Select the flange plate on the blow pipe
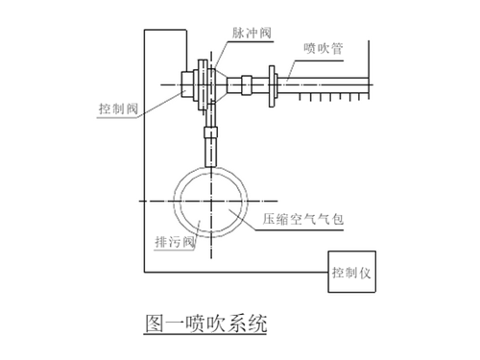276,83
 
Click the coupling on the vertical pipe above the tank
211,150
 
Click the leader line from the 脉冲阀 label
228,43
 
